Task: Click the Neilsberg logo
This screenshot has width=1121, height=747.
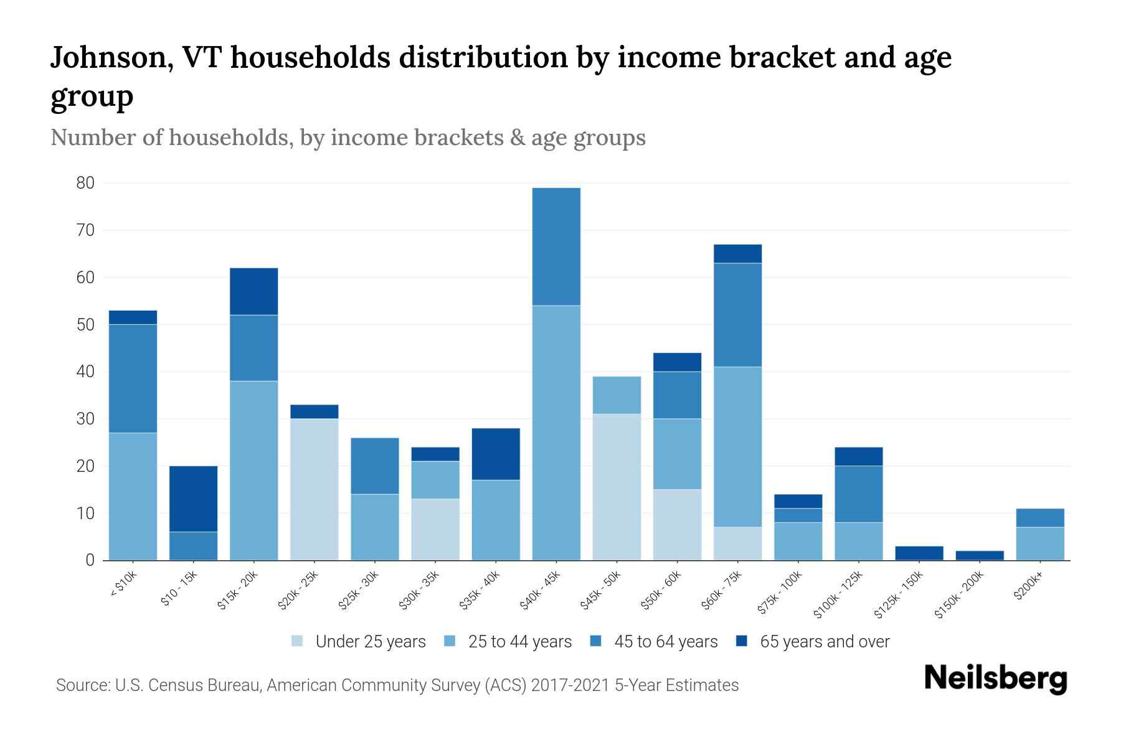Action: (995, 679)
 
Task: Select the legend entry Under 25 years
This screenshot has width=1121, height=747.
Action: (370, 642)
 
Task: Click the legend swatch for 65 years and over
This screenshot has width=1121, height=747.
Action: (741, 641)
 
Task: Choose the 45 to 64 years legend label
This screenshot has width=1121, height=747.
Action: (665, 642)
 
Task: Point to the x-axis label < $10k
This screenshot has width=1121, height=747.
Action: (123, 586)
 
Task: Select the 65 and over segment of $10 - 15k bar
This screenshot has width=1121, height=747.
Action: (193, 499)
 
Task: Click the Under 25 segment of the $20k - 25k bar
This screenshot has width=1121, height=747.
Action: (314, 489)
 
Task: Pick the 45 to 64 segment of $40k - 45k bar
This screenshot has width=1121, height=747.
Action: (556, 247)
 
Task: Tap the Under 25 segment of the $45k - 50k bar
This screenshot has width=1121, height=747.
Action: (617, 487)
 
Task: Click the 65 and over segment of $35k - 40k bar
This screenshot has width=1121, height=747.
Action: (496, 454)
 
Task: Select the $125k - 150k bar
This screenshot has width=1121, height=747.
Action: (919, 553)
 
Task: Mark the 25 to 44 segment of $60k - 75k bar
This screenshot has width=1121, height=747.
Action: (737, 447)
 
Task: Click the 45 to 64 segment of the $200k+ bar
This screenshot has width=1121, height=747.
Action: (1040, 518)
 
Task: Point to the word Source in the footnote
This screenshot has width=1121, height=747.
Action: (81, 685)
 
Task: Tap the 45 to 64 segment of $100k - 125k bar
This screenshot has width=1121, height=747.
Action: (859, 494)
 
